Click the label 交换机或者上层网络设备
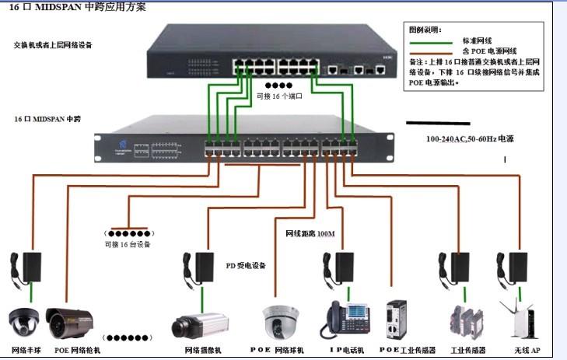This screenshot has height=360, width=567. coord(53,45)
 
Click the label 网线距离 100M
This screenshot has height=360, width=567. coord(310,232)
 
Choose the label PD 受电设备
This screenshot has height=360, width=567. coord(246,265)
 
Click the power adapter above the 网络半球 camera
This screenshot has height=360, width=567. coord(33,265)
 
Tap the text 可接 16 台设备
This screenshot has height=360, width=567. coord(128,244)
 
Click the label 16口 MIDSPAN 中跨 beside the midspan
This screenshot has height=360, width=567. coord(47,119)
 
